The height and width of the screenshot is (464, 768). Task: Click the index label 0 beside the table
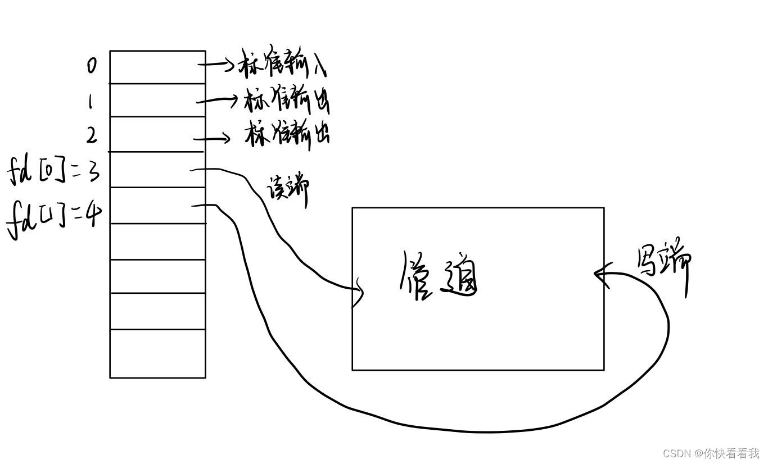(92, 66)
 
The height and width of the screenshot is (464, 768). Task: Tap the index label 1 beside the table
(90, 102)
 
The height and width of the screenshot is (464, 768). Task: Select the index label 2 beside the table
(91, 135)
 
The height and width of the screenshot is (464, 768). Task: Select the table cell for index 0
(157, 67)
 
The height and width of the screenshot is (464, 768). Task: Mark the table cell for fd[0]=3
(157, 170)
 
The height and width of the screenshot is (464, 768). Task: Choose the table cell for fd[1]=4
(157, 206)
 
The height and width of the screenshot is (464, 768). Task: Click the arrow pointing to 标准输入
(216, 65)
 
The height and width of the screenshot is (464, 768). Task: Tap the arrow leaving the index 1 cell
(218, 101)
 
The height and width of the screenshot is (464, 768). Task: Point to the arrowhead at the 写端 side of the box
(600, 274)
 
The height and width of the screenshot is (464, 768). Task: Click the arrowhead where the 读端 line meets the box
(358, 293)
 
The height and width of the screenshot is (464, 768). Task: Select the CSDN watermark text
(711, 453)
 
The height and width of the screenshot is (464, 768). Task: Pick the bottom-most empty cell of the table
(157, 353)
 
